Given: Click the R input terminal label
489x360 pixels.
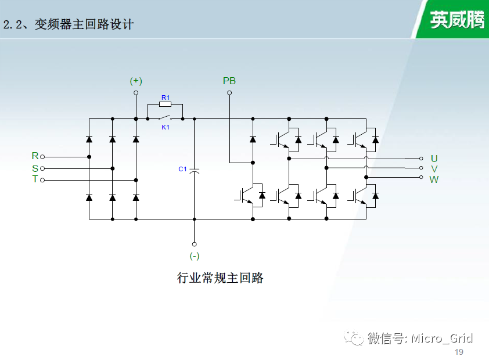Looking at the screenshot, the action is [35, 156].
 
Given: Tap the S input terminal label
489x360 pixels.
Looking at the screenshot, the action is [35, 168].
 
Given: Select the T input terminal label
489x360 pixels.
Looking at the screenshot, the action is [35, 179].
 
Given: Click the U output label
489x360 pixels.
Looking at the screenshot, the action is [434, 159].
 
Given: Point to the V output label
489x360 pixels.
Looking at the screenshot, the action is [434, 169].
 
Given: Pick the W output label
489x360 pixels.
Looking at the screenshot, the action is [434, 179].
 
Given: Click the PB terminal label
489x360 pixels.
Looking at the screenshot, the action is [229, 81].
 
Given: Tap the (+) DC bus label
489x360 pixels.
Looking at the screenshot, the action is [136, 81].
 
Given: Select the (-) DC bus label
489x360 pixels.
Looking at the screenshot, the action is [195, 256].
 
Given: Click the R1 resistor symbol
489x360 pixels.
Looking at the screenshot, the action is [166, 104].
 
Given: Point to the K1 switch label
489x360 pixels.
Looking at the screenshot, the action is [166, 127].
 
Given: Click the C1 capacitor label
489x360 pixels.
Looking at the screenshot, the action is [182, 169].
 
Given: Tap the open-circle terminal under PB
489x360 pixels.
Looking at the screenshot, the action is [229, 92].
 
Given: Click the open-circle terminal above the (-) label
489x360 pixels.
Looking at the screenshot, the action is [195, 244].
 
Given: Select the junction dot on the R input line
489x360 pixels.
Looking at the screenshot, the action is [89, 157].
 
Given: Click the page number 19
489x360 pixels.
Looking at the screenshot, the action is [459, 352].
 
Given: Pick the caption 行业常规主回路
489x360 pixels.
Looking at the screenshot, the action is [220, 278].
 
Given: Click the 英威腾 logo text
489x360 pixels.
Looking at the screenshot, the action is [457, 20].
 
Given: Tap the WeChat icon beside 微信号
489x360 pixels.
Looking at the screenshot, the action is [354, 338].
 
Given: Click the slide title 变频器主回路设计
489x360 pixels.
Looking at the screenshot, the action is [84, 24].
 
